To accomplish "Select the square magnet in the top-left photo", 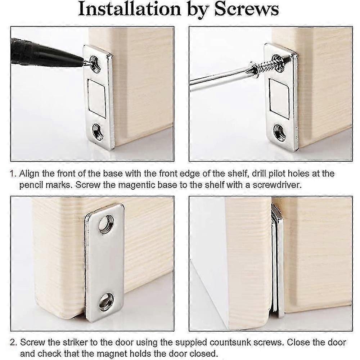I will coord(96,98).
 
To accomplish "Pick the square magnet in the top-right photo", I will coord(279,98).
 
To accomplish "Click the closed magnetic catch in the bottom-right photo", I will coord(278,259).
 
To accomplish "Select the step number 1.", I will coord(13,174).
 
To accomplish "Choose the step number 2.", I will coord(13,342).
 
